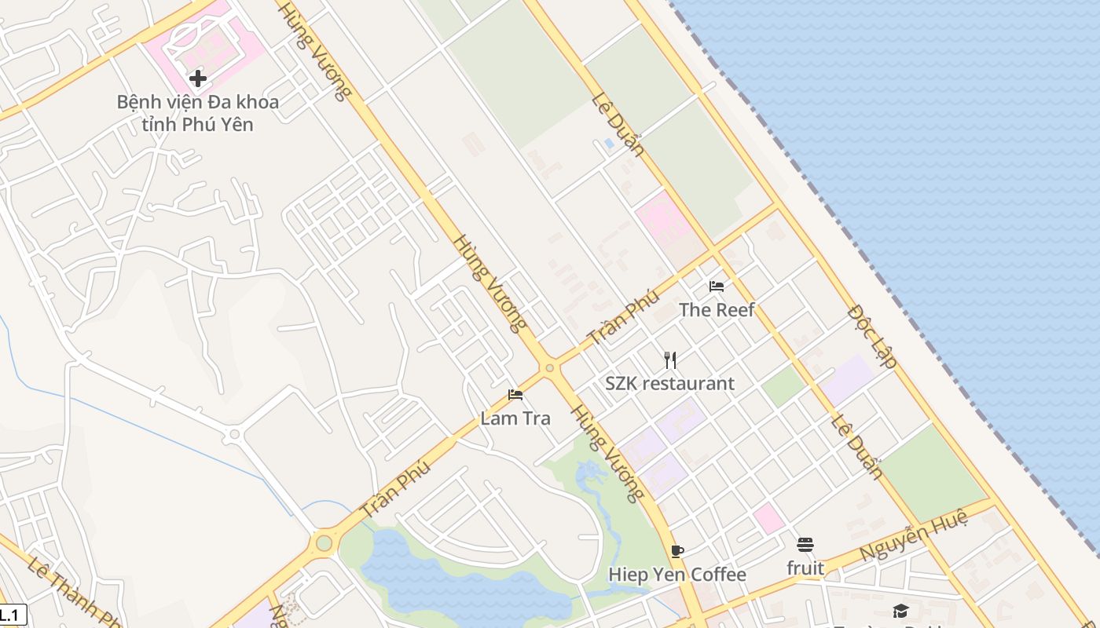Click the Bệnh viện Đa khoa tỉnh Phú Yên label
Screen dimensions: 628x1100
coord(197,112)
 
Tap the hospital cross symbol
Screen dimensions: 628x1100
coord(197,78)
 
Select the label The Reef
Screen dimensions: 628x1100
coord(717,309)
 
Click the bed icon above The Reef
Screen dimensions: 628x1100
coord(716,286)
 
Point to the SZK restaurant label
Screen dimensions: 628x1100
coord(669,383)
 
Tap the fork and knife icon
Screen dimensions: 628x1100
coord(669,360)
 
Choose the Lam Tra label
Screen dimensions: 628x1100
coord(515,418)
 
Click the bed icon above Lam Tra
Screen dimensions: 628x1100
coord(515,394)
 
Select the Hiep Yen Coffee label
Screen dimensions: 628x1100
coord(677,575)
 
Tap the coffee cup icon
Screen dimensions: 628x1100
coord(677,550)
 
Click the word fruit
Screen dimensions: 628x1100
coord(805,568)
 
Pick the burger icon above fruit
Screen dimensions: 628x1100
coord(805,544)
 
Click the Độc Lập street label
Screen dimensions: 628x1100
coord(872,336)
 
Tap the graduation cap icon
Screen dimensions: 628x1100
coord(900,611)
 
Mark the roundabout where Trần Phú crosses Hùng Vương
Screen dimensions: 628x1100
coord(549,367)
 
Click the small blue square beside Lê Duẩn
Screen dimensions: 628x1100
coord(609,144)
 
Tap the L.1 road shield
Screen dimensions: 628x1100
coord(12,615)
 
